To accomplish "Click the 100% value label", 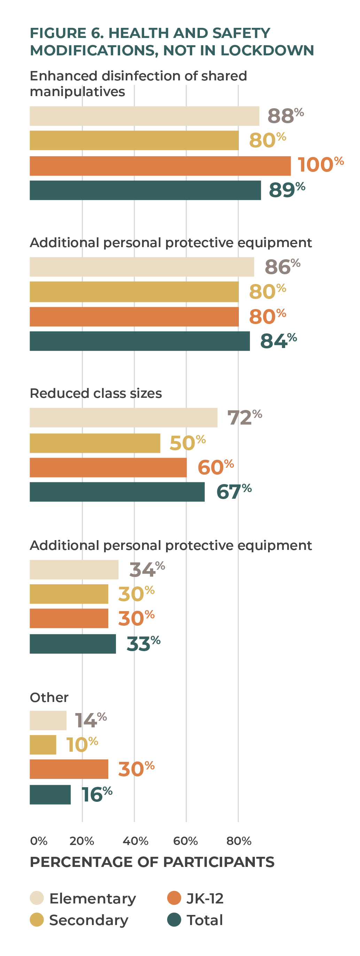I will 320,164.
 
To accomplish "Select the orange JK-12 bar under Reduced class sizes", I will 108,467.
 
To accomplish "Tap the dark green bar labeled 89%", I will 145,190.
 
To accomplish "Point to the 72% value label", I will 244,418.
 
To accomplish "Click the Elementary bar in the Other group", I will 48,720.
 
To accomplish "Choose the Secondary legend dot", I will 37,919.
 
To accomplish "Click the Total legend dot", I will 174,919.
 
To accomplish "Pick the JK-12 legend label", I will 205,899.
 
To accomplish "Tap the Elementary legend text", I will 92,899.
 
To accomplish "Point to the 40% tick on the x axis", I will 135,840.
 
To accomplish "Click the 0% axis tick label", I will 39,840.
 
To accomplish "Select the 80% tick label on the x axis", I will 238,840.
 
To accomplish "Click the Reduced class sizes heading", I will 96,393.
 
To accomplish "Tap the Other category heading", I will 49,697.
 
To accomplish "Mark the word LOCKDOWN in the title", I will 267,50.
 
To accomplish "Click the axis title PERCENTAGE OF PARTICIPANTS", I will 152,862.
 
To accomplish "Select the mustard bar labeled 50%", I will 95,443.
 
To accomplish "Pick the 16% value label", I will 96,795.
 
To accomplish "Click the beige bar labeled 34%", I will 74,570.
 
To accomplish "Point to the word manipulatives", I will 77,92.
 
